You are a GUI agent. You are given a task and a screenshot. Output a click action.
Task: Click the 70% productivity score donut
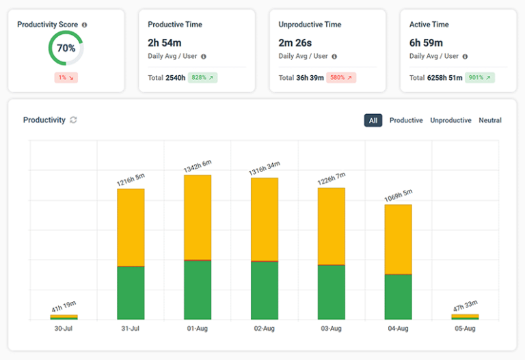(x=66, y=49)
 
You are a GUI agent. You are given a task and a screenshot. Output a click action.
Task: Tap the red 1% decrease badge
(x=66, y=78)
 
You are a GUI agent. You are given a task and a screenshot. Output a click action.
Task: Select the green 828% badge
(x=203, y=78)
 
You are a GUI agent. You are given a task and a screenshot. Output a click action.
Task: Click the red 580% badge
(x=340, y=78)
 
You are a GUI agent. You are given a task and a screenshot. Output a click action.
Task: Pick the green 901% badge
(x=480, y=78)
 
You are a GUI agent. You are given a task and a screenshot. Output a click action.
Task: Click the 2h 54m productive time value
(x=164, y=43)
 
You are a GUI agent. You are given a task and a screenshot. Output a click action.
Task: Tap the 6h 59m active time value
(x=426, y=43)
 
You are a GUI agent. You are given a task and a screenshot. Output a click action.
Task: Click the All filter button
(x=373, y=120)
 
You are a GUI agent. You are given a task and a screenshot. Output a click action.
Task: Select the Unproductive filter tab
(x=450, y=120)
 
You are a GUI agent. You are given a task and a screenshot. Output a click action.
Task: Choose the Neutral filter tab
(x=489, y=120)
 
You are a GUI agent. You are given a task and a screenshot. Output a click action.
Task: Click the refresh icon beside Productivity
(x=73, y=120)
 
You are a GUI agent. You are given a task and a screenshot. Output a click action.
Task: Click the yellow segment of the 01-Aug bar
(x=198, y=217)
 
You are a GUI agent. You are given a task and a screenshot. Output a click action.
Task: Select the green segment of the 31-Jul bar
(x=131, y=292)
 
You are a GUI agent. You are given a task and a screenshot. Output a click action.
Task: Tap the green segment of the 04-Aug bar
(x=398, y=296)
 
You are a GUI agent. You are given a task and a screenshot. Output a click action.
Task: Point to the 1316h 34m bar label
(x=264, y=169)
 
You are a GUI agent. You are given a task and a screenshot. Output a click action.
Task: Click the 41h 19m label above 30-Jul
(x=64, y=307)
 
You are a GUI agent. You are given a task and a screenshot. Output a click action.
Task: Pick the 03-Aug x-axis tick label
(x=331, y=329)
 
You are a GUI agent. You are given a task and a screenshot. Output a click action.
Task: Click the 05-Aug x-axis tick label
(x=465, y=329)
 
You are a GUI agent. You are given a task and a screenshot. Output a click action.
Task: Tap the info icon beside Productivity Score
(x=84, y=25)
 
